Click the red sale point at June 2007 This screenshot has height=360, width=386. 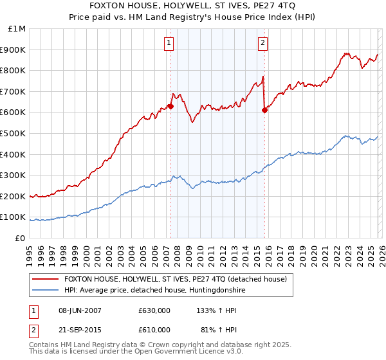(170, 106)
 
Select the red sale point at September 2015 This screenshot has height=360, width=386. (264, 111)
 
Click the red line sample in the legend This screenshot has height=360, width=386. (46, 279)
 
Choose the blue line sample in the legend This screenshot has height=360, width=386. (46, 291)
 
